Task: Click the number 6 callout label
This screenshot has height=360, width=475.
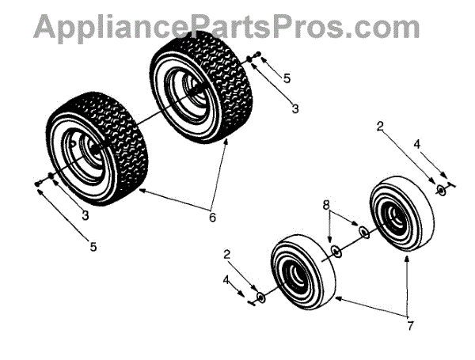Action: tap(212, 216)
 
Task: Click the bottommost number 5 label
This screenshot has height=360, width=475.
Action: tap(93, 247)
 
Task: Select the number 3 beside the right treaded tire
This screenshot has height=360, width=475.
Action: tap(294, 108)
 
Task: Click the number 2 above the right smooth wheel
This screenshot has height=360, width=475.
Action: tap(380, 126)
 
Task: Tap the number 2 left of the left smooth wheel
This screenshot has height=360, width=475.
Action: tap(227, 254)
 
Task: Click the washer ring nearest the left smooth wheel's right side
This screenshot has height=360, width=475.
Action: tap(336, 251)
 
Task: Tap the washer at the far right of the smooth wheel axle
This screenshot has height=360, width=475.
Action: tap(440, 190)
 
